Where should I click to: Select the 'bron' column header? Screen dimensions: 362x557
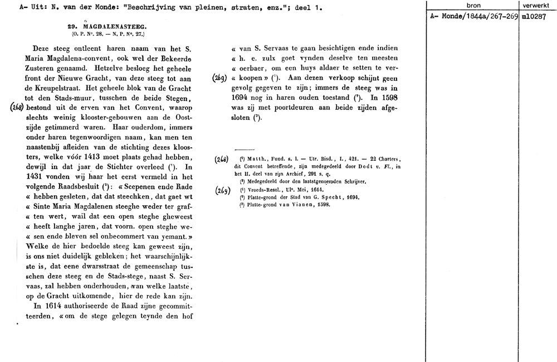tap(473, 5)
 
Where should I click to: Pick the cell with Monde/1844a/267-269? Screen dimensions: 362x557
tap(473, 16)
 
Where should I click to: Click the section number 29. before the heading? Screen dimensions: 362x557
tap(72, 26)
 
